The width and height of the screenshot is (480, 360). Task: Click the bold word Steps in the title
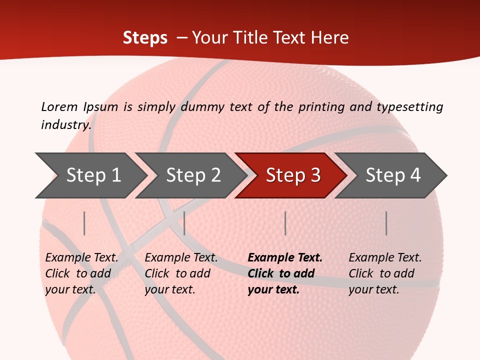pyautogui.click(x=145, y=38)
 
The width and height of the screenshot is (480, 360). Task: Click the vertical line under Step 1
pyautogui.click(x=84, y=223)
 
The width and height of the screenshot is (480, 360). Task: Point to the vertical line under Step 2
pyautogui.click(x=184, y=223)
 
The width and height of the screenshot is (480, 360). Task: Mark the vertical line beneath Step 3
pyautogui.click(x=285, y=223)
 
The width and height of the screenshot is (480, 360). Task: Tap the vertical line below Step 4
pyautogui.click(x=386, y=223)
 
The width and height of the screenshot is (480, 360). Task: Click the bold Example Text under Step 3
pyautogui.click(x=285, y=258)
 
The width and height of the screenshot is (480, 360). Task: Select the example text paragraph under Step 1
pyautogui.click(x=81, y=273)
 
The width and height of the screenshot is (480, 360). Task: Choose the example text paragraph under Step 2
pyautogui.click(x=180, y=273)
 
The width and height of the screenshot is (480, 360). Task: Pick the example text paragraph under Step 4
pyautogui.click(x=384, y=273)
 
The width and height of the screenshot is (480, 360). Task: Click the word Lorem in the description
pyautogui.click(x=59, y=107)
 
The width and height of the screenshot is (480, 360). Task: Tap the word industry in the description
pyautogui.click(x=65, y=125)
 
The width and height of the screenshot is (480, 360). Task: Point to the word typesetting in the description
pyautogui.click(x=409, y=107)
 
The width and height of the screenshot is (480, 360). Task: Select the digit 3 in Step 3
pyautogui.click(x=315, y=175)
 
